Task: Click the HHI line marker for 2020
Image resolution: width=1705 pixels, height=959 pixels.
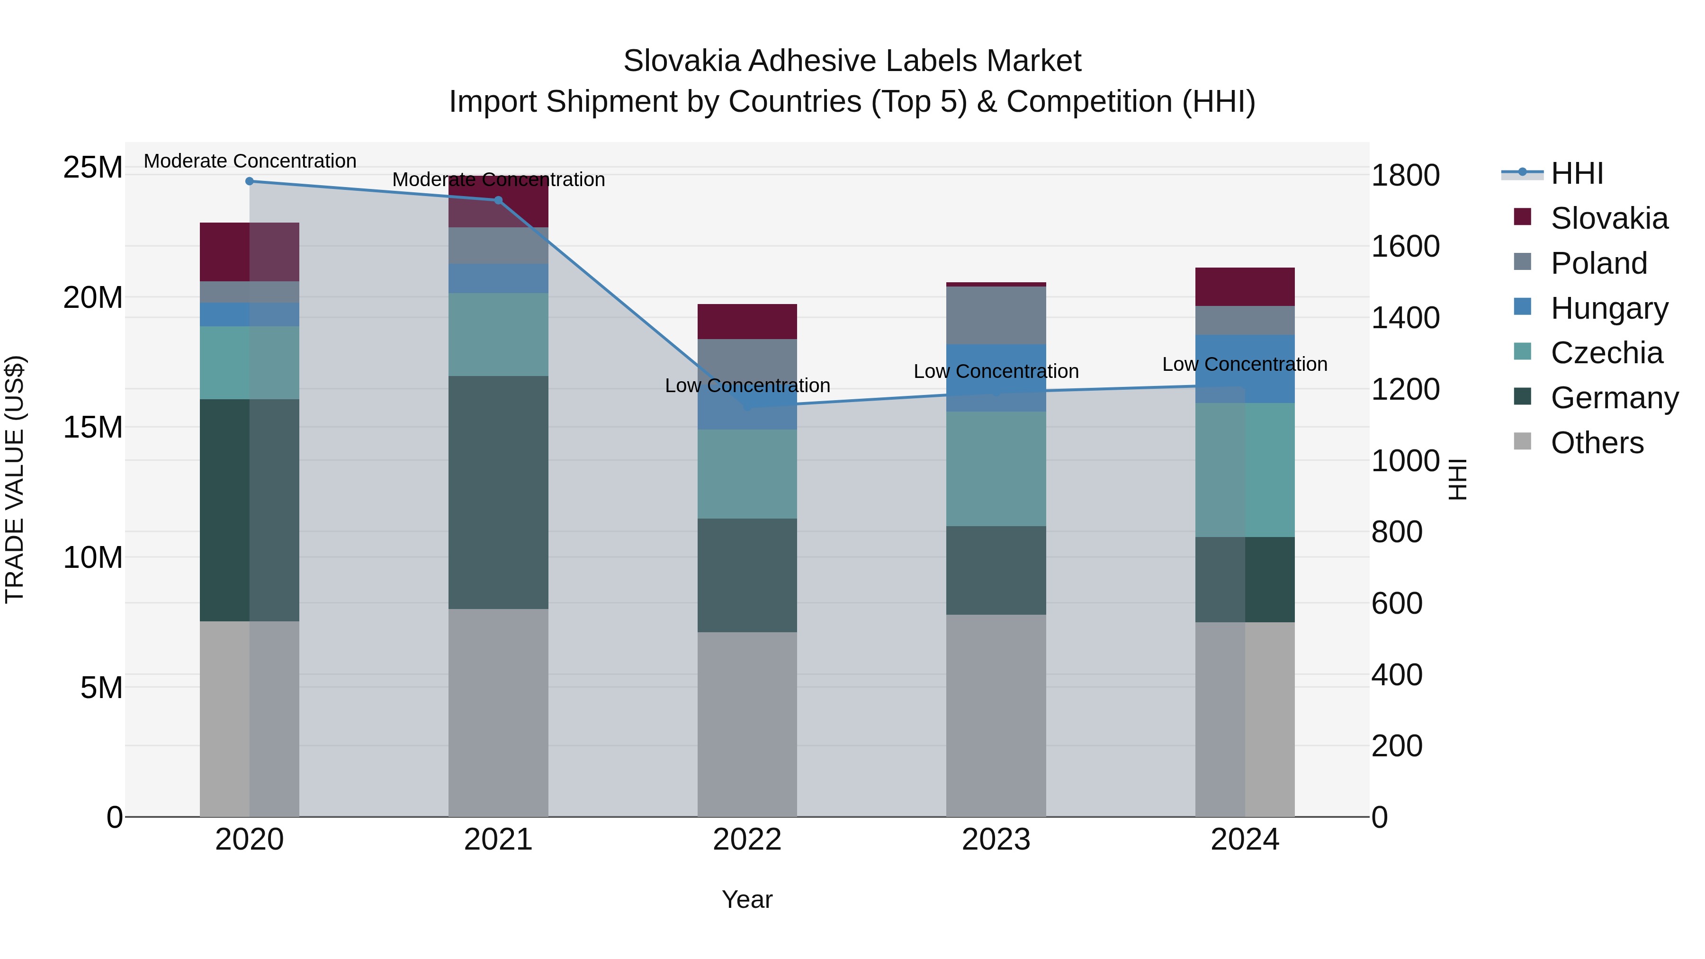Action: tap(250, 181)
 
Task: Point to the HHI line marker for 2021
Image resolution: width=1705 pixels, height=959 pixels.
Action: tap(498, 200)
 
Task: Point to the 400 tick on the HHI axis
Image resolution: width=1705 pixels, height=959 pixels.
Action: tap(1397, 675)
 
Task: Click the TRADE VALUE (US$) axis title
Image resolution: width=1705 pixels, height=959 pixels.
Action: tap(15, 479)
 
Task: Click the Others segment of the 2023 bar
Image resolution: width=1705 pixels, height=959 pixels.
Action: tap(996, 715)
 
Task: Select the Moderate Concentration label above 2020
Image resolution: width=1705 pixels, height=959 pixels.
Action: tap(250, 161)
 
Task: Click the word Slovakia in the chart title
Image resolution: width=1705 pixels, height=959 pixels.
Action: tap(681, 61)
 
